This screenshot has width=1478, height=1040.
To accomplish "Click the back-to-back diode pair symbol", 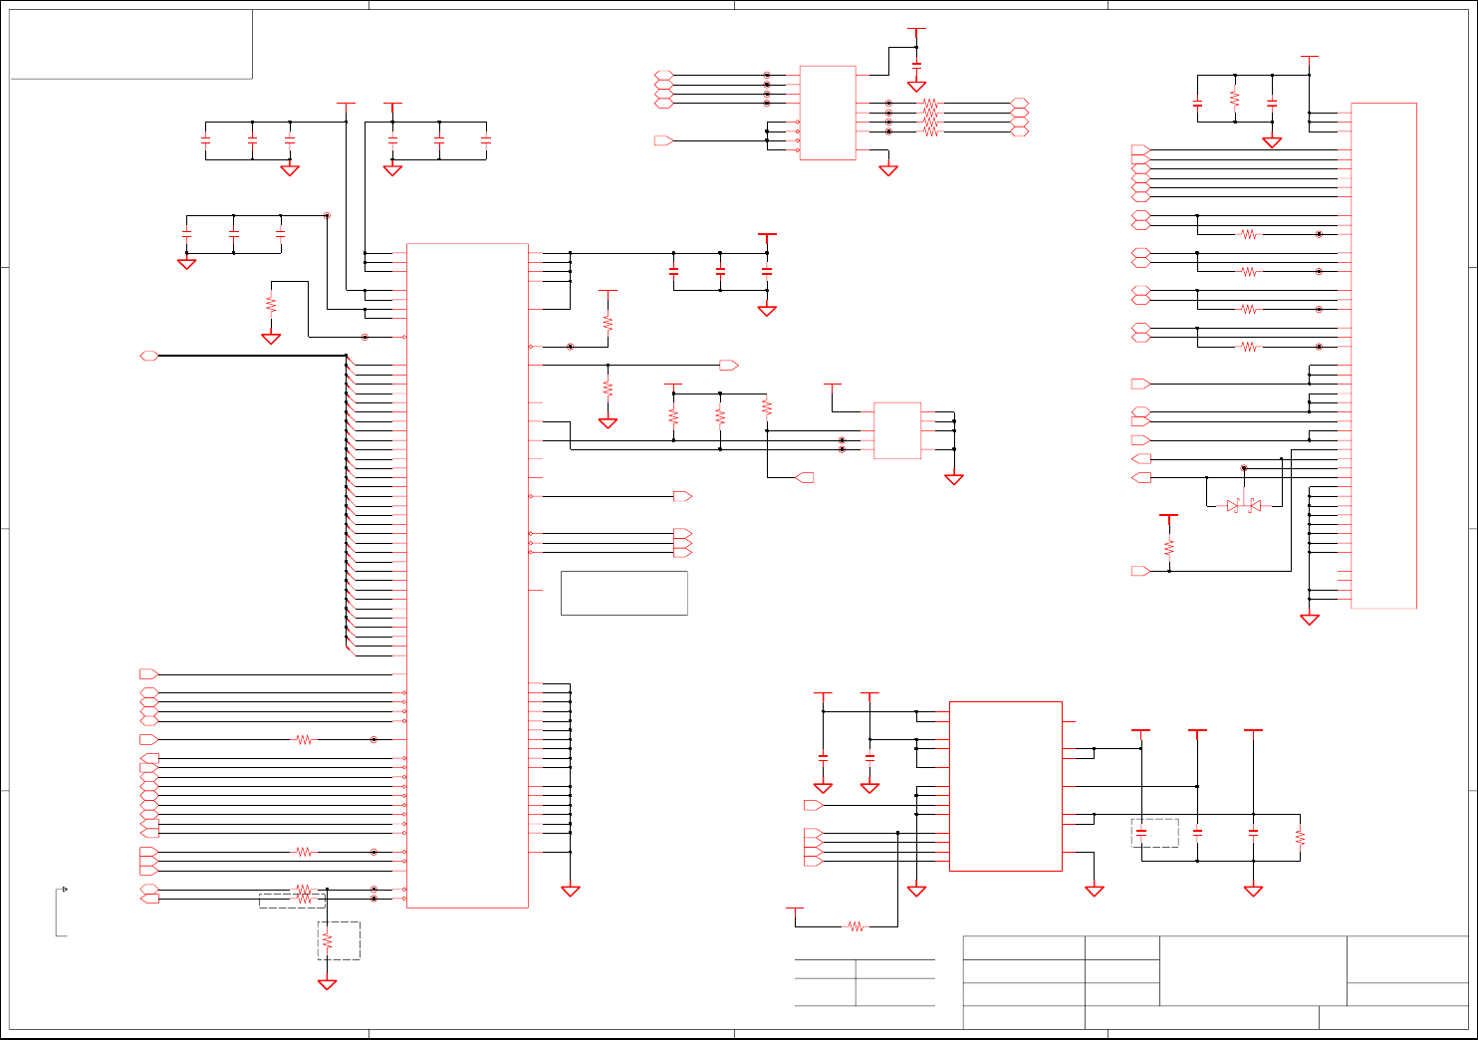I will (1243, 506).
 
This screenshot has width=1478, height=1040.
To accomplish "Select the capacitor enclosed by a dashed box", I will (1141, 833).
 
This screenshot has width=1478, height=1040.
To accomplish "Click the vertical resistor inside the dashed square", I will (327, 940).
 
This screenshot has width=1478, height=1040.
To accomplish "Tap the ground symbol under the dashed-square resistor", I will (327, 984).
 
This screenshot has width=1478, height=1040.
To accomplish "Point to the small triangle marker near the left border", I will (65, 889).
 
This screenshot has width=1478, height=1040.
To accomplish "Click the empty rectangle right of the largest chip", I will (623, 593).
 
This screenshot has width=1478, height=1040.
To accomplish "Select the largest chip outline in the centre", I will (467, 575).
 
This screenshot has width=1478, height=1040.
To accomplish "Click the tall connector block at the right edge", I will (1383, 355).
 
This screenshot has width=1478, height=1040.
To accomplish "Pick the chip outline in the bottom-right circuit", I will (1005, 786).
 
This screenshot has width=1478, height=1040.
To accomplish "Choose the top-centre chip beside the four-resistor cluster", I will (827, 113).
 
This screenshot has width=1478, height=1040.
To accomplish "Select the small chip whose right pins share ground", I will (896, 430).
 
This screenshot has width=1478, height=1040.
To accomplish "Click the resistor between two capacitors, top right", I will (1234, 100).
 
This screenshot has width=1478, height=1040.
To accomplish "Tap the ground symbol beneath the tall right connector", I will (1310, 620).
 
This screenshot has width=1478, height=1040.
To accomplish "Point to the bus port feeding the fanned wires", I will (149, 356).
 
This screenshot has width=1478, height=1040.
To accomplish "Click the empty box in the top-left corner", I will (130, 44).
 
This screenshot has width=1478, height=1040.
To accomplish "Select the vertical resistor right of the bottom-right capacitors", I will (1300, 837).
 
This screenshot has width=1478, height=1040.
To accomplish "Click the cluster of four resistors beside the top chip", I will (930, 117).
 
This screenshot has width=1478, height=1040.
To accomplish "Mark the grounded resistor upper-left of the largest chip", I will (271, 304).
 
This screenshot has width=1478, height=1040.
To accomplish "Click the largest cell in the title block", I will (1253, 970).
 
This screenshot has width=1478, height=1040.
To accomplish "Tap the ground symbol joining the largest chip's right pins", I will (571, 891).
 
